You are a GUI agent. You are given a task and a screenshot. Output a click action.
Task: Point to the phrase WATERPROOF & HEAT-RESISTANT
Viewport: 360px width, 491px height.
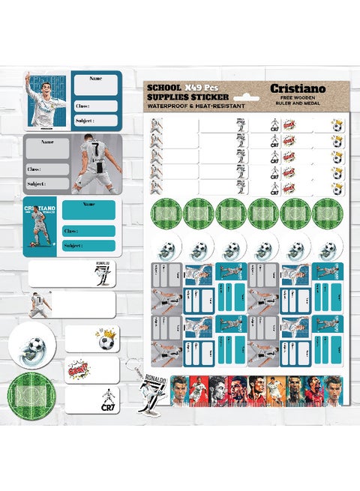point(196,106)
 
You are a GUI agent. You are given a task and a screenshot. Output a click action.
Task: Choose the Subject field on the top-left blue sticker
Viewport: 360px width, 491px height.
point(95,121)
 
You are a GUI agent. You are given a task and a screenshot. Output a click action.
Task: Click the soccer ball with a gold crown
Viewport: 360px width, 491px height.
point(107,340)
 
